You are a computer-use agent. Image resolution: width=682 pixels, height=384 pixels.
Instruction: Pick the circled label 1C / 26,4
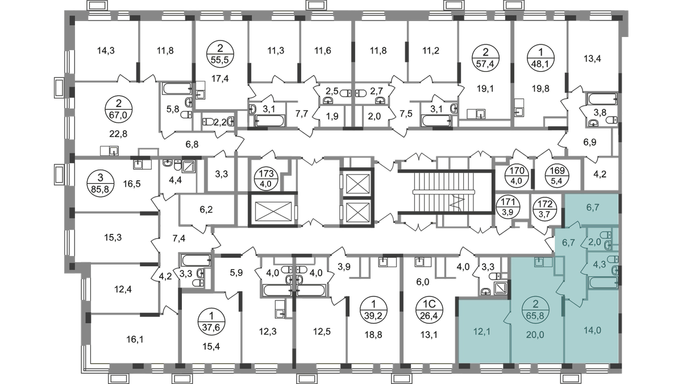(x=430, y=309)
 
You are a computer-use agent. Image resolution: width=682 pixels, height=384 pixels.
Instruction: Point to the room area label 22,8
(x=118, y=134)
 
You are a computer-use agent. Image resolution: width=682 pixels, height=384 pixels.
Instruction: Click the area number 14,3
(x=106, y=50)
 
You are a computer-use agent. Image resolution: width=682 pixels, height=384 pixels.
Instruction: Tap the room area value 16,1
(x=135, y=339)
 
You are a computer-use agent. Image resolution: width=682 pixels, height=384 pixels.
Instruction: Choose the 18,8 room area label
(x=373, y=335)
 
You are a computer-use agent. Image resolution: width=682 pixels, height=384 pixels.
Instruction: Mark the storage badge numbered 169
(x=558, y=176)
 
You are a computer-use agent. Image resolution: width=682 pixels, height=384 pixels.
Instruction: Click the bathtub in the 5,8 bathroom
(x=177, y=88)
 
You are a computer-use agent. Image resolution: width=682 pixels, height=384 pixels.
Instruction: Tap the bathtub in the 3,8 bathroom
(x=602, y=99)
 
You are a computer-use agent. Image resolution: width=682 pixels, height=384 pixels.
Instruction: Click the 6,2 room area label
(x=206, y=210)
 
